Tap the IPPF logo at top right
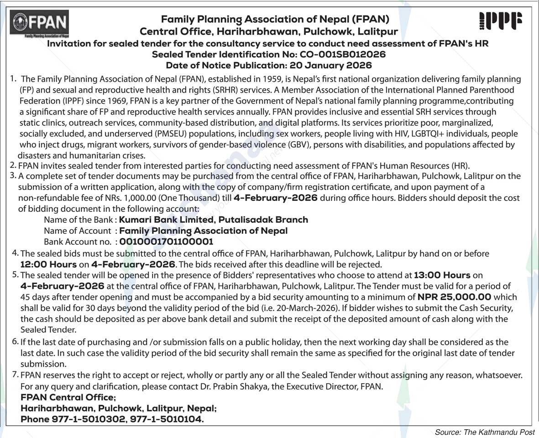click(x=501, y=21)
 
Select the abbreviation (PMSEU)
click(x=163, y=134)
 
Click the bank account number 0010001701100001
click(x=166, y=242)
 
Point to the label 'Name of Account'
click(x=77, y=231)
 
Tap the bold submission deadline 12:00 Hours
click(x=48, y=264)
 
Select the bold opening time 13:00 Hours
click(x=442, y=275)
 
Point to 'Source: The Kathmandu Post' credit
click(x=484, y=432)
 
